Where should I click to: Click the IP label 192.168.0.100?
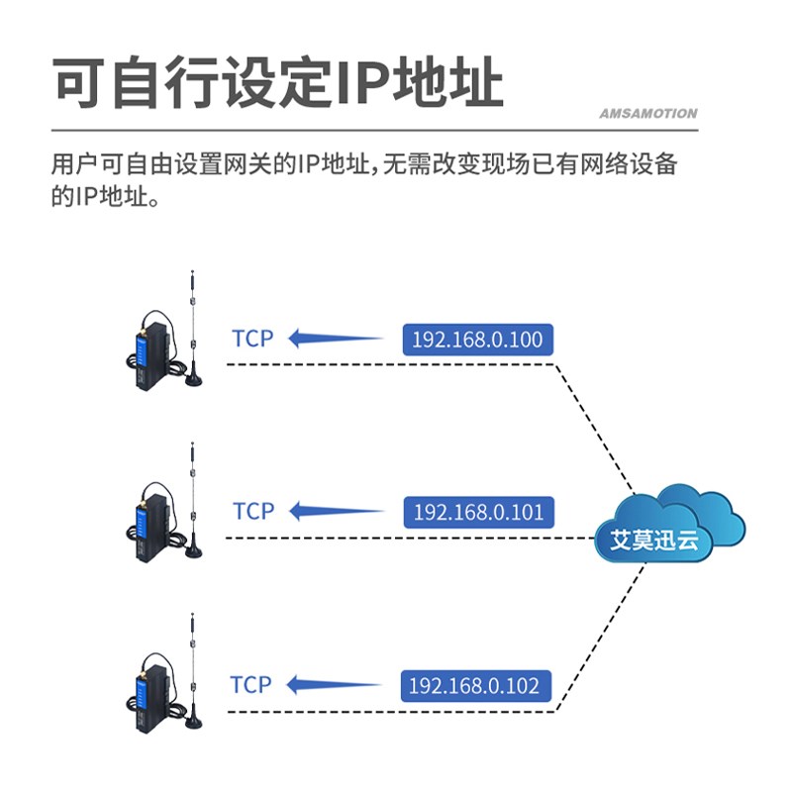point(477,340)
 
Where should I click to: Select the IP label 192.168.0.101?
point(478,512)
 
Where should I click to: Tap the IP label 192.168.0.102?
point(475,685)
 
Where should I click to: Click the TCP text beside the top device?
point(252,339)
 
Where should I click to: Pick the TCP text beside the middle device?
point(252,511)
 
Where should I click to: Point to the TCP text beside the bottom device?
point(250,684)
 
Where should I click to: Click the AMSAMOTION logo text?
point(647,114)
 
